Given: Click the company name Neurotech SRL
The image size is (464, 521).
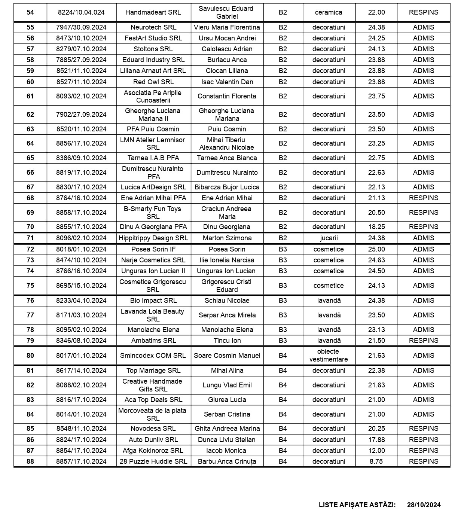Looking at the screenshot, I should click(153, 27).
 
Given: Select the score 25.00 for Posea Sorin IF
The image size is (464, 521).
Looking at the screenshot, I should click(376, 249).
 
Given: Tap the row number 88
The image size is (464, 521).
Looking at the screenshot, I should click(30, 461).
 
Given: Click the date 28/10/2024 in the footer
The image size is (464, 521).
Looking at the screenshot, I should click(424, 505).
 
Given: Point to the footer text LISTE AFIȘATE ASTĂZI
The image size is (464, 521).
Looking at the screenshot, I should click(357, 505).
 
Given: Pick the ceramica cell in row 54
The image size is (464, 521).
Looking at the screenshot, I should click(329, 12).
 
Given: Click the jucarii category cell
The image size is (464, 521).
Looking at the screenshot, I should click(329, 238).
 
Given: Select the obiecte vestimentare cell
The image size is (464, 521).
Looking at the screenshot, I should click(329, 356).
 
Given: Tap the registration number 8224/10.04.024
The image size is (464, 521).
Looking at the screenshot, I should click(81, 12).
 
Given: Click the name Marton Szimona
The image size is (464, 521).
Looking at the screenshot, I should click(227, 238).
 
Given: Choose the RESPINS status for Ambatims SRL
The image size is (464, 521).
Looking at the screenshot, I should click(423, 341).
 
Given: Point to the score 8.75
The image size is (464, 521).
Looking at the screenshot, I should click(376, 461).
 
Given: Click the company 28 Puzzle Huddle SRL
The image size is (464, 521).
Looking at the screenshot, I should click(153, 461).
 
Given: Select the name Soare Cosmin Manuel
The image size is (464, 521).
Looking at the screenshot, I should click(227, 356).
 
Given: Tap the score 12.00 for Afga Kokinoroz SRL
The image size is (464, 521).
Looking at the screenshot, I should click(376, 451).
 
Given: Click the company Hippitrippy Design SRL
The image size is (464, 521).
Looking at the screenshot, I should click(153, 238).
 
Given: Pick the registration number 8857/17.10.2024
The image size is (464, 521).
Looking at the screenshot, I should click(81, 461).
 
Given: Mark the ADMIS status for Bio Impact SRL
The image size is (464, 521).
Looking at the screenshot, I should click(423, 301).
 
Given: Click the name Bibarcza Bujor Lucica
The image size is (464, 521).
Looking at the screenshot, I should click(227, 187).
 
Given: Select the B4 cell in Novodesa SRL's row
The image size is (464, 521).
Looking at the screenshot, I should click(283, 429).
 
